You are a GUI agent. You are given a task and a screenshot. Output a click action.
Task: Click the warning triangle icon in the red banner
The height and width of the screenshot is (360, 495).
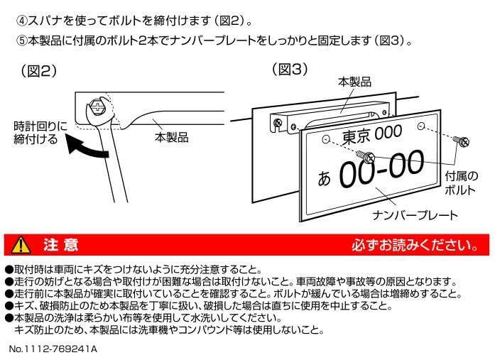click(x=23, y=246)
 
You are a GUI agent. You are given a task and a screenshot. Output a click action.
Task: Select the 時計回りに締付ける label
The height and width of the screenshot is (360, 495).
click(x=40, y=133)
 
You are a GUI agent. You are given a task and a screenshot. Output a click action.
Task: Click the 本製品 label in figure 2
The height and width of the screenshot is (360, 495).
click(x=171, y=137)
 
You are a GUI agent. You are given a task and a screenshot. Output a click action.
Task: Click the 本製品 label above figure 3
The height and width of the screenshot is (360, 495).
click(x=354, y=82)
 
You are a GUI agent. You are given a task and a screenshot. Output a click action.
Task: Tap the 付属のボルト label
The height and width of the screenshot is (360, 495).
click(x=461, y=183)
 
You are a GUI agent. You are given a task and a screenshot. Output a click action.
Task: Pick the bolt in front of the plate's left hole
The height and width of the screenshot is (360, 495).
click(x=366, y=154)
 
